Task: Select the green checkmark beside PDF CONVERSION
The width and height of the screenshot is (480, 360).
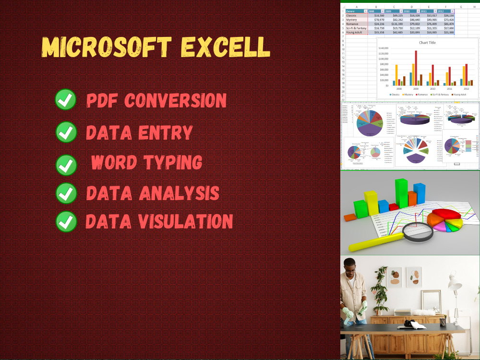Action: click(x=66, y=100)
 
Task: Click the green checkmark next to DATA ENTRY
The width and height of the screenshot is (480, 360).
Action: click(x=66, y=132)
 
